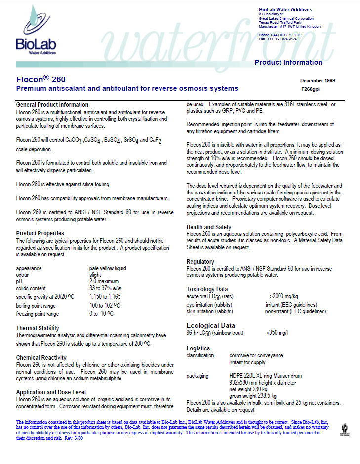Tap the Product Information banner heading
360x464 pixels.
click(x=288, y=62)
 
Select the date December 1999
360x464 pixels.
click(x=318, y=80)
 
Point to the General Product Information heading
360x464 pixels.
click(x=52, y=105)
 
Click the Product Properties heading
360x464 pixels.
click(x=40, y=233)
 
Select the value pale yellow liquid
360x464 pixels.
click(x=108, y=268)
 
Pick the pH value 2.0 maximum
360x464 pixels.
click(x=105, y=281)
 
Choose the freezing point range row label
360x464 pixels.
click(x=38, y=313)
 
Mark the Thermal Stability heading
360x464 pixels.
click(x=38, y=328)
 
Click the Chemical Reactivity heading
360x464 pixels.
click(x=41, y=357)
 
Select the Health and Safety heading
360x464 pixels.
click(x=208, y=227)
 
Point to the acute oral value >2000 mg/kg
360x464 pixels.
click(x=283, y=296)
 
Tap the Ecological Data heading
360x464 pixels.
click(x=210, y=325)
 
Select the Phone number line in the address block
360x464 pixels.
click(x=280, y=35)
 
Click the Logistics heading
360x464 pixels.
click(x=198, y=348)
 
